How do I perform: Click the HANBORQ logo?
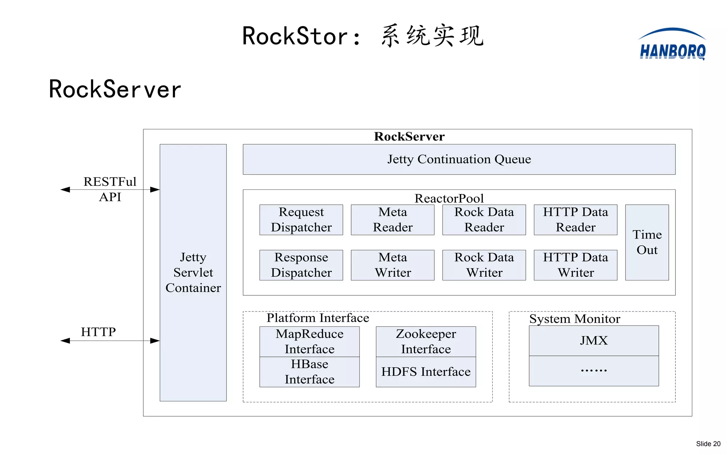(x=672, y=45)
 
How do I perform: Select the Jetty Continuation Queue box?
(x=459, y=159)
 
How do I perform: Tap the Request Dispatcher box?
(x=301, y=220)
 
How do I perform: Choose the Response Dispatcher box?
(x=301, y=265)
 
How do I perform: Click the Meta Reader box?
(x=393, y=220)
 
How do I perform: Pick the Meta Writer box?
(x=393, y=265)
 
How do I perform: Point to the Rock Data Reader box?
(x=484, y=220)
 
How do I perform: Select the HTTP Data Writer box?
(x=575, y=265)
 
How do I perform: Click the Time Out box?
(x=647, y=242)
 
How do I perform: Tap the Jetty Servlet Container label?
(x=193, y=272)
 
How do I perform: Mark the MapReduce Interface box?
(x=309, y=341)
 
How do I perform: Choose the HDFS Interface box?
(x=426, y=372)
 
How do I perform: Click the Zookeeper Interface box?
(x=426, y=341)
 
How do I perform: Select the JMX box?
(x=594, y=341)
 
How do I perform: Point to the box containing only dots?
(x=594, y=371)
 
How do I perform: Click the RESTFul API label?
(x=110, y=189)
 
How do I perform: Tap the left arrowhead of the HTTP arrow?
(x=65, y=341)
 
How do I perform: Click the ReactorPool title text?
(x=449, y=198)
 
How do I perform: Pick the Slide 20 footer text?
(x=708, y=444)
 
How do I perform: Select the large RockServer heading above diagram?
(x=115, y=89)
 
